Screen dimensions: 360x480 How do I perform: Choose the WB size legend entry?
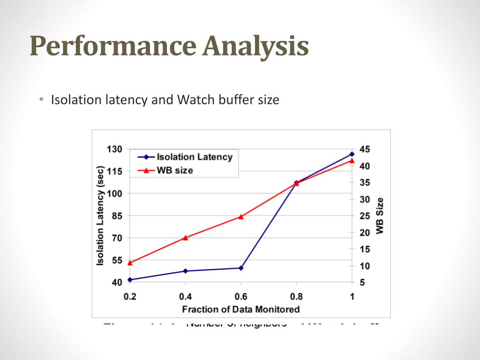174,171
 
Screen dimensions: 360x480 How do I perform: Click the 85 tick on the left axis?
116,216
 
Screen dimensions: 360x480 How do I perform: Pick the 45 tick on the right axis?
365,149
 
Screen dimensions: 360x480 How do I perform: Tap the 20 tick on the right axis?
365,232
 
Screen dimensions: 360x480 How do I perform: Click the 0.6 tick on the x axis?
241,296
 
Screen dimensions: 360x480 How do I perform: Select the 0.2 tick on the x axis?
130,296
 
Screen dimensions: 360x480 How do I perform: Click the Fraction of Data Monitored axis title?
240,309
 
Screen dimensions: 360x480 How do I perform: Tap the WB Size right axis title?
380,216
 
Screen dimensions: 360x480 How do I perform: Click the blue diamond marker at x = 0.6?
241,268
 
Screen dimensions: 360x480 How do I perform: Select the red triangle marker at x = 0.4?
186,238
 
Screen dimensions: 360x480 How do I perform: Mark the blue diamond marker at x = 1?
352,154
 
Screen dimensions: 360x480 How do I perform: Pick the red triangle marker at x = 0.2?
130,263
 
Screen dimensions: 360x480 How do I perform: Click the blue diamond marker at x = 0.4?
186,271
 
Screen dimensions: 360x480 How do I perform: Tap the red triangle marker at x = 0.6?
241,217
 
